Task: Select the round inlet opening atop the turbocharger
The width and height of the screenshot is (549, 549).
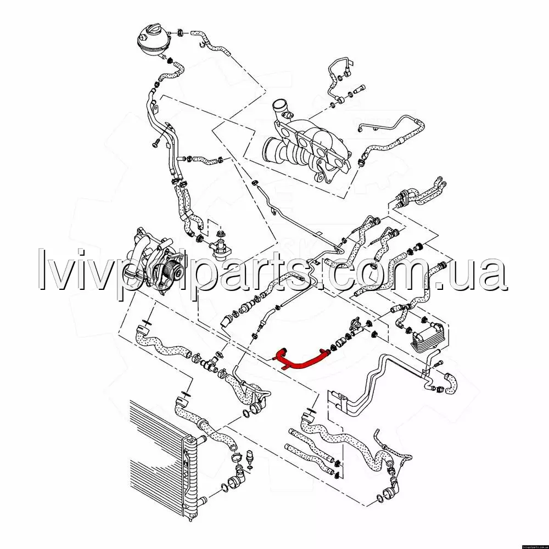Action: (279, 105)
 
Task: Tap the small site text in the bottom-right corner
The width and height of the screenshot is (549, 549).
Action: (535, 547)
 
